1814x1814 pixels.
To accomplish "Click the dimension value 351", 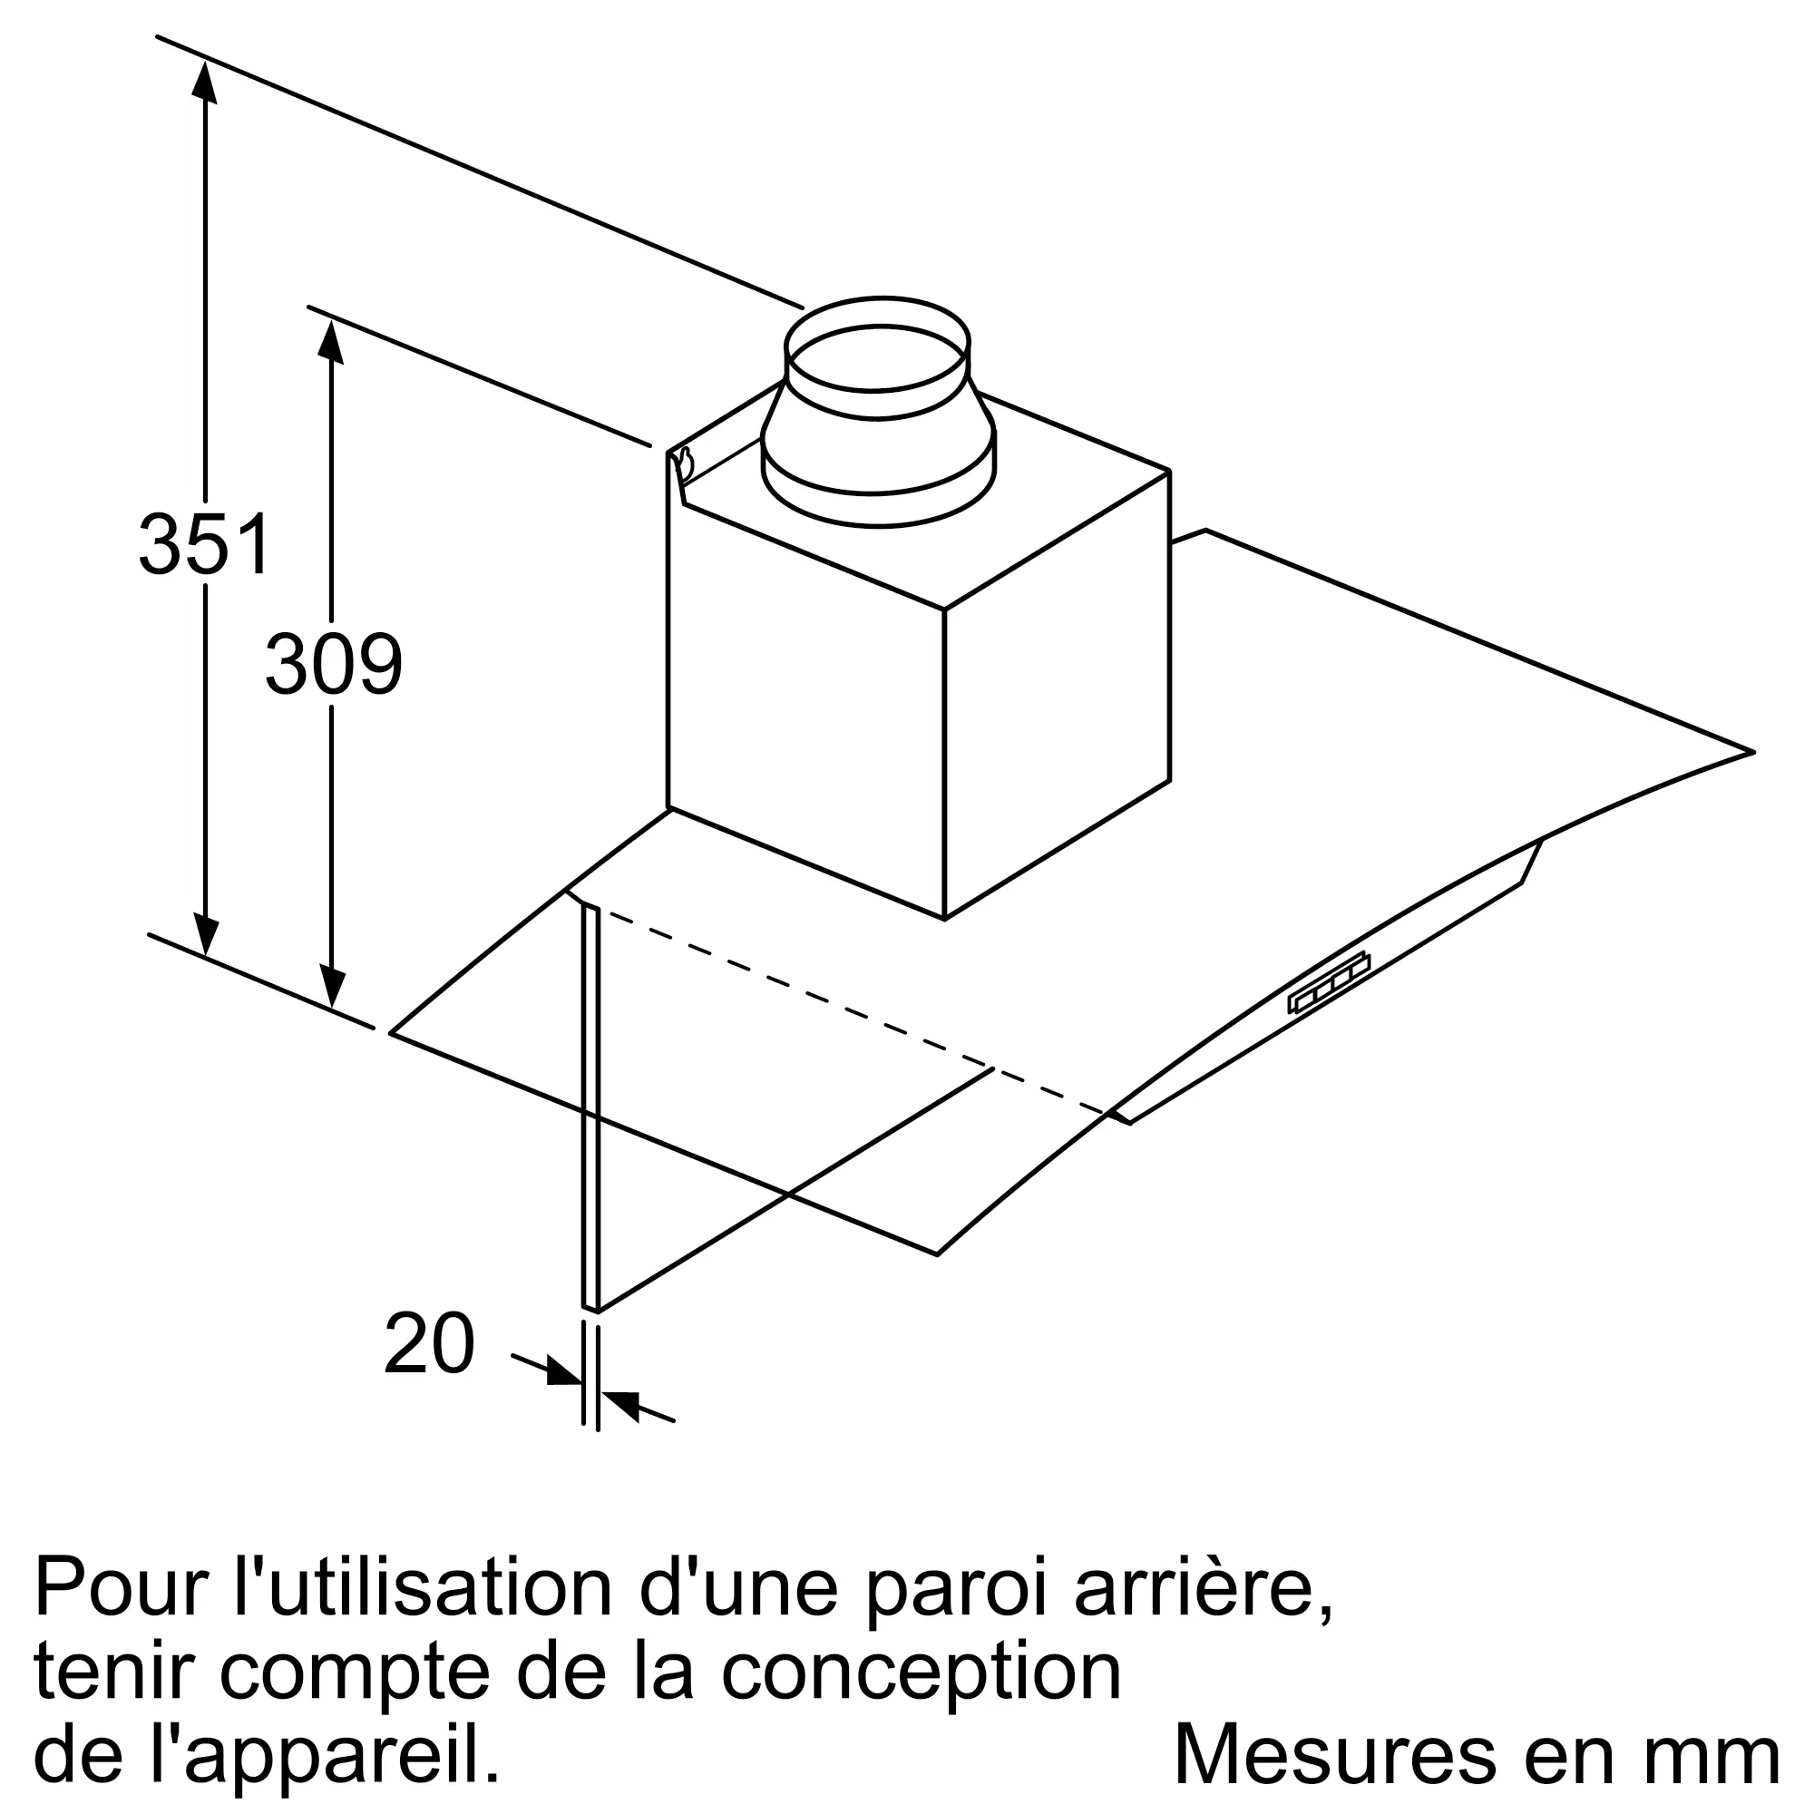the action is click(205, 543).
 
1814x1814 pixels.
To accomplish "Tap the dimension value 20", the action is click(429, 1343).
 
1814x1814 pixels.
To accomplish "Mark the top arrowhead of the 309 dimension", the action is click(329, 342).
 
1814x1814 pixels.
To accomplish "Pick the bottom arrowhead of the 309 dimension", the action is click(331, 983).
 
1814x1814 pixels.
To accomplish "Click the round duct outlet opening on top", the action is click(876, 356).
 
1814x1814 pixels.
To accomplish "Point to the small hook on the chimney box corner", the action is click(685, 464).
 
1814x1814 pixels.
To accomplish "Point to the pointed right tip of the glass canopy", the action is click(1752, 752).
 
